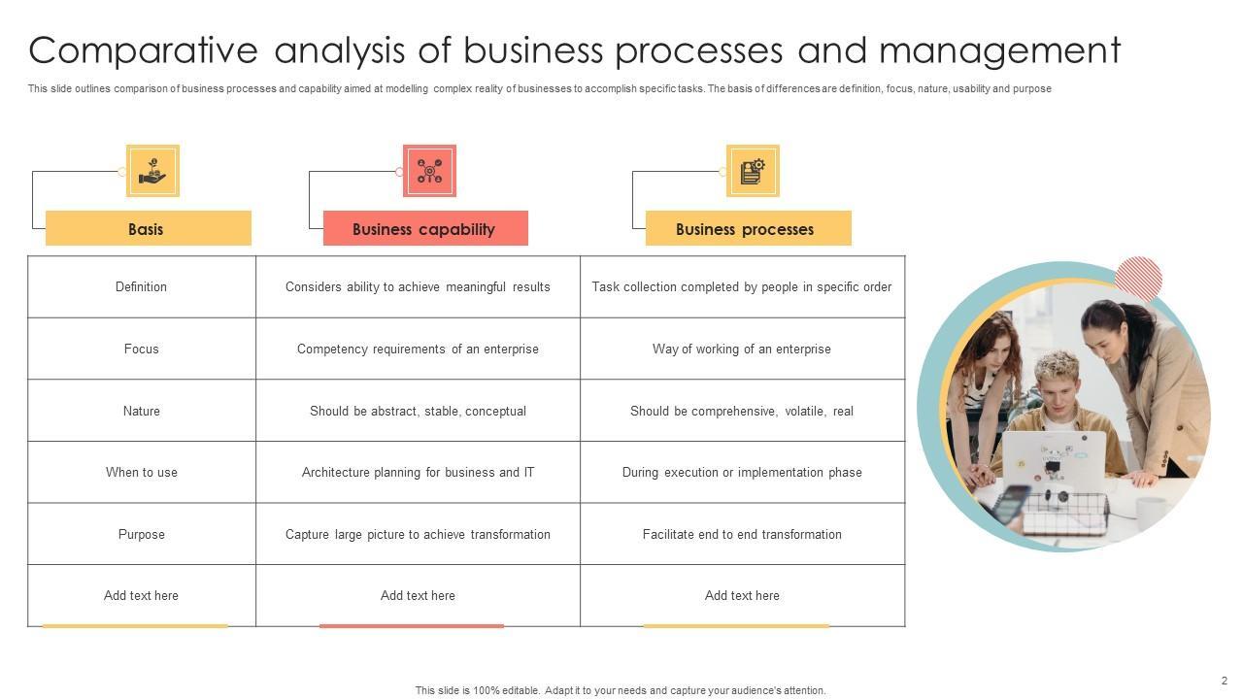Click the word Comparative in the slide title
(144, 50)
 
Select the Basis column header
(147, 229)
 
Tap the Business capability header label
(423, 229)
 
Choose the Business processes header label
(745, 229)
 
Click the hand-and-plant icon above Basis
(152, 172)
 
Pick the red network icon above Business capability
(429, 172)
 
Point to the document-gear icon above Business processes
(753, 172)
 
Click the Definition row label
(141, 286)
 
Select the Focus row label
(141, 349)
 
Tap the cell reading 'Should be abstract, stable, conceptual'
(418, 411)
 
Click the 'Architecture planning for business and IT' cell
(418, 473)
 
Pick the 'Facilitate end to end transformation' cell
(742, 534)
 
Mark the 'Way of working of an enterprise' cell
(742, 349)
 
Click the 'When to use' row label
(141, 473)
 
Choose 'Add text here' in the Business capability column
(418, 596)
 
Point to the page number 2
(1225, 681)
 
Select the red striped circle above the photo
(1138, 278)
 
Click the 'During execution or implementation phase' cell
(742, 473)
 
